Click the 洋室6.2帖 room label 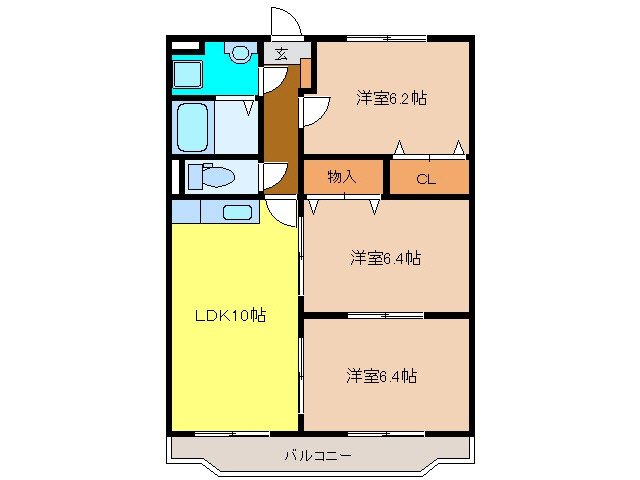(x=392, y=98)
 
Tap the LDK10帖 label (x=229, y=315)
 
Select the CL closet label (x=427, y=180)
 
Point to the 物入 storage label (x=342, y=177)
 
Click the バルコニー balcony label (x=317, y=456)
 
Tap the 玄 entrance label (x=281, y=54)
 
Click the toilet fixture (x=214, y=177)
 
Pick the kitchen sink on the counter (x=237, y=212)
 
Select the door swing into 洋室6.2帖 (x=313, y=110)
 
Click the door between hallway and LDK (x=283, y=210)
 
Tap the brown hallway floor (x=281, y=130)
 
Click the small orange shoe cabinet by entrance (x=306, y=73)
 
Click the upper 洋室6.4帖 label (x=385, y=258)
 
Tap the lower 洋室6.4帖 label (x=382, y=376)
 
